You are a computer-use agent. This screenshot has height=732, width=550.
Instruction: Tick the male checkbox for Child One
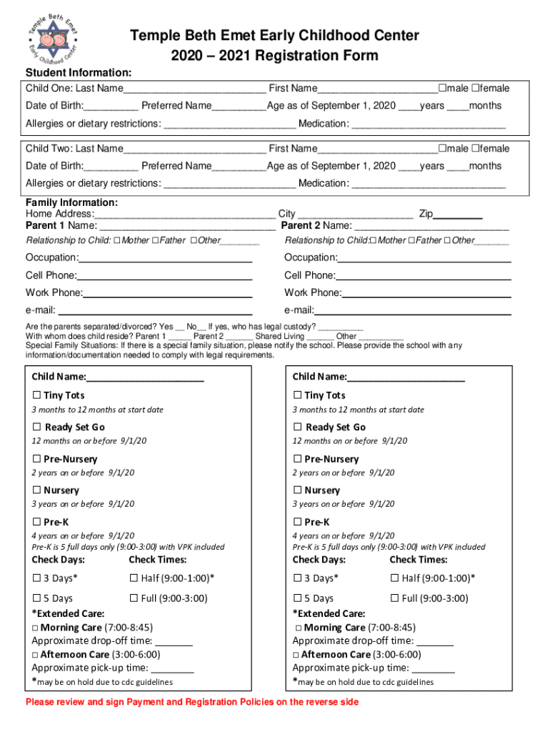(x=443, y=89)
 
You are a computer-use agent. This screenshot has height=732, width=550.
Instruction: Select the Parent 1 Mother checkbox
(x=117, y=241)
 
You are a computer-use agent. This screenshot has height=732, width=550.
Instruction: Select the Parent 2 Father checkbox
(x=411, y=241)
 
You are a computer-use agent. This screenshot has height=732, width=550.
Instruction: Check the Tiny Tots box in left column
(x=36, y=395)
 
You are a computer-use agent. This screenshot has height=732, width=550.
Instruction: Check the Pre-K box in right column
(x=297, y=523)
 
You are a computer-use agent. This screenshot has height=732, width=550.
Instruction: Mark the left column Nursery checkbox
(x=36, y=491)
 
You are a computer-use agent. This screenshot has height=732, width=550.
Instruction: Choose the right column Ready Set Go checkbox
(x=297, y=427)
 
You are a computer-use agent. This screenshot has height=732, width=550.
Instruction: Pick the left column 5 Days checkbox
(x=36, y=598)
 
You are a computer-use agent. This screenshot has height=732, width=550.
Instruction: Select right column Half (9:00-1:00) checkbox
(x=394, y=578)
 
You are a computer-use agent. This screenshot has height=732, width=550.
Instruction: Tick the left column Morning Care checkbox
(x=35, y=628)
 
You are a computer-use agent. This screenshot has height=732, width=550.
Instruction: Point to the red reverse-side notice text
(x=192, y=702)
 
